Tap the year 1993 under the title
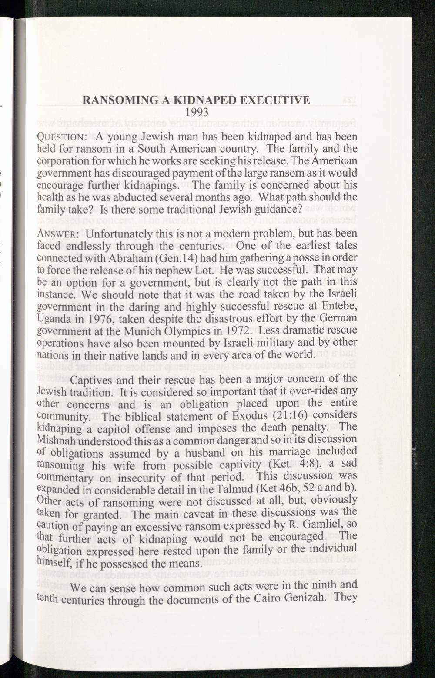click(x=197, y=113)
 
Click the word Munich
click(x=151, y=331)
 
